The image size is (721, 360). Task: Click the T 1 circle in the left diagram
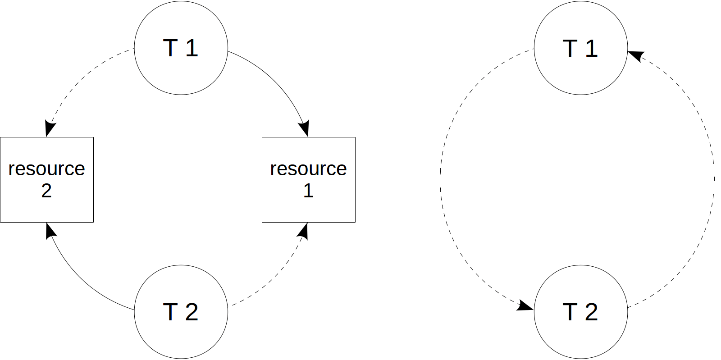click(181, 48)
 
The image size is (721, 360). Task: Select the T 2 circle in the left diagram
click(181, 312)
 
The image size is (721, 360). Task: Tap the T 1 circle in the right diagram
click(580, 48)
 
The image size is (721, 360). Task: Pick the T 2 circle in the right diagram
click(580, 312)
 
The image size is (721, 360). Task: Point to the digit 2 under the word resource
click(46, 191)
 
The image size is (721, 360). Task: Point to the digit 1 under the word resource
click(308, 191)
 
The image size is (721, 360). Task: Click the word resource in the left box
click(46, 169)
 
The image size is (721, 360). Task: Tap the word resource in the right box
click(308, 169)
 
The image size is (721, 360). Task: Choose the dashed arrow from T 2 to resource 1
click(275, 279)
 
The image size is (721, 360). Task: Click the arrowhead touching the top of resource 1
click(305, 128)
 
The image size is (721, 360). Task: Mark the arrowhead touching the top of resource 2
click(49, 129)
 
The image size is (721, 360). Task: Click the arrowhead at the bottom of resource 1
click(304, 231)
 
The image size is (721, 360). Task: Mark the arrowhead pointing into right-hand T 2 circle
click(525, 306)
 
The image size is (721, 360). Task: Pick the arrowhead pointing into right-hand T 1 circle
click(636, 55)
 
